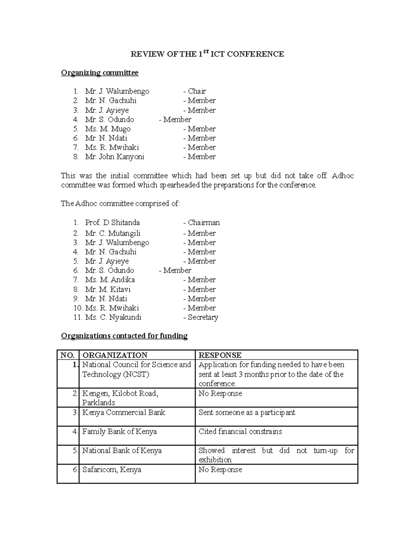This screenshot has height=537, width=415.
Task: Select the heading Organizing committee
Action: (x=100, y=73)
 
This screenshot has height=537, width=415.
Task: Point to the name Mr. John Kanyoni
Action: (x=114, y=157)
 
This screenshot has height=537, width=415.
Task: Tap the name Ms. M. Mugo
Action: (x=108, y=129)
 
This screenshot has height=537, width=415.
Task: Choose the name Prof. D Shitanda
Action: (x=112, y=223)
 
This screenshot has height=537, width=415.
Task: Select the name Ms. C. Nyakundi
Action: (x=113, y=317)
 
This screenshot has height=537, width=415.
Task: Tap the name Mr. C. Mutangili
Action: (x=113, y=233)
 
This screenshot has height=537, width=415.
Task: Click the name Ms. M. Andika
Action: (x=110, y=280)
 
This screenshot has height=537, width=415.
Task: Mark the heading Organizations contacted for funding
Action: (x=124, y=336)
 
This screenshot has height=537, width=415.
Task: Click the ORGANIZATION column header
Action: (x=115, y=355)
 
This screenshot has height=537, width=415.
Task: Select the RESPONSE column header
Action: (x=220, y=355)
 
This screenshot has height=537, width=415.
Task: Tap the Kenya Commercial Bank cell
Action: (x=123, y=413)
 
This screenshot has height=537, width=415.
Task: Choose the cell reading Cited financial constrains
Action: (x=240, y=432)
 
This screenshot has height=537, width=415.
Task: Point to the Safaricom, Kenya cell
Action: (x=112, y=470)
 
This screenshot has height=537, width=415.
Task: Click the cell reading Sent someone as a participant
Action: (x=247, y=413)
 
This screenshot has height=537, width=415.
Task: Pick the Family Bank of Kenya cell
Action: (x=119, y=432)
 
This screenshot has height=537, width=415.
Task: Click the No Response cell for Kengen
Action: (x=220, y=394)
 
